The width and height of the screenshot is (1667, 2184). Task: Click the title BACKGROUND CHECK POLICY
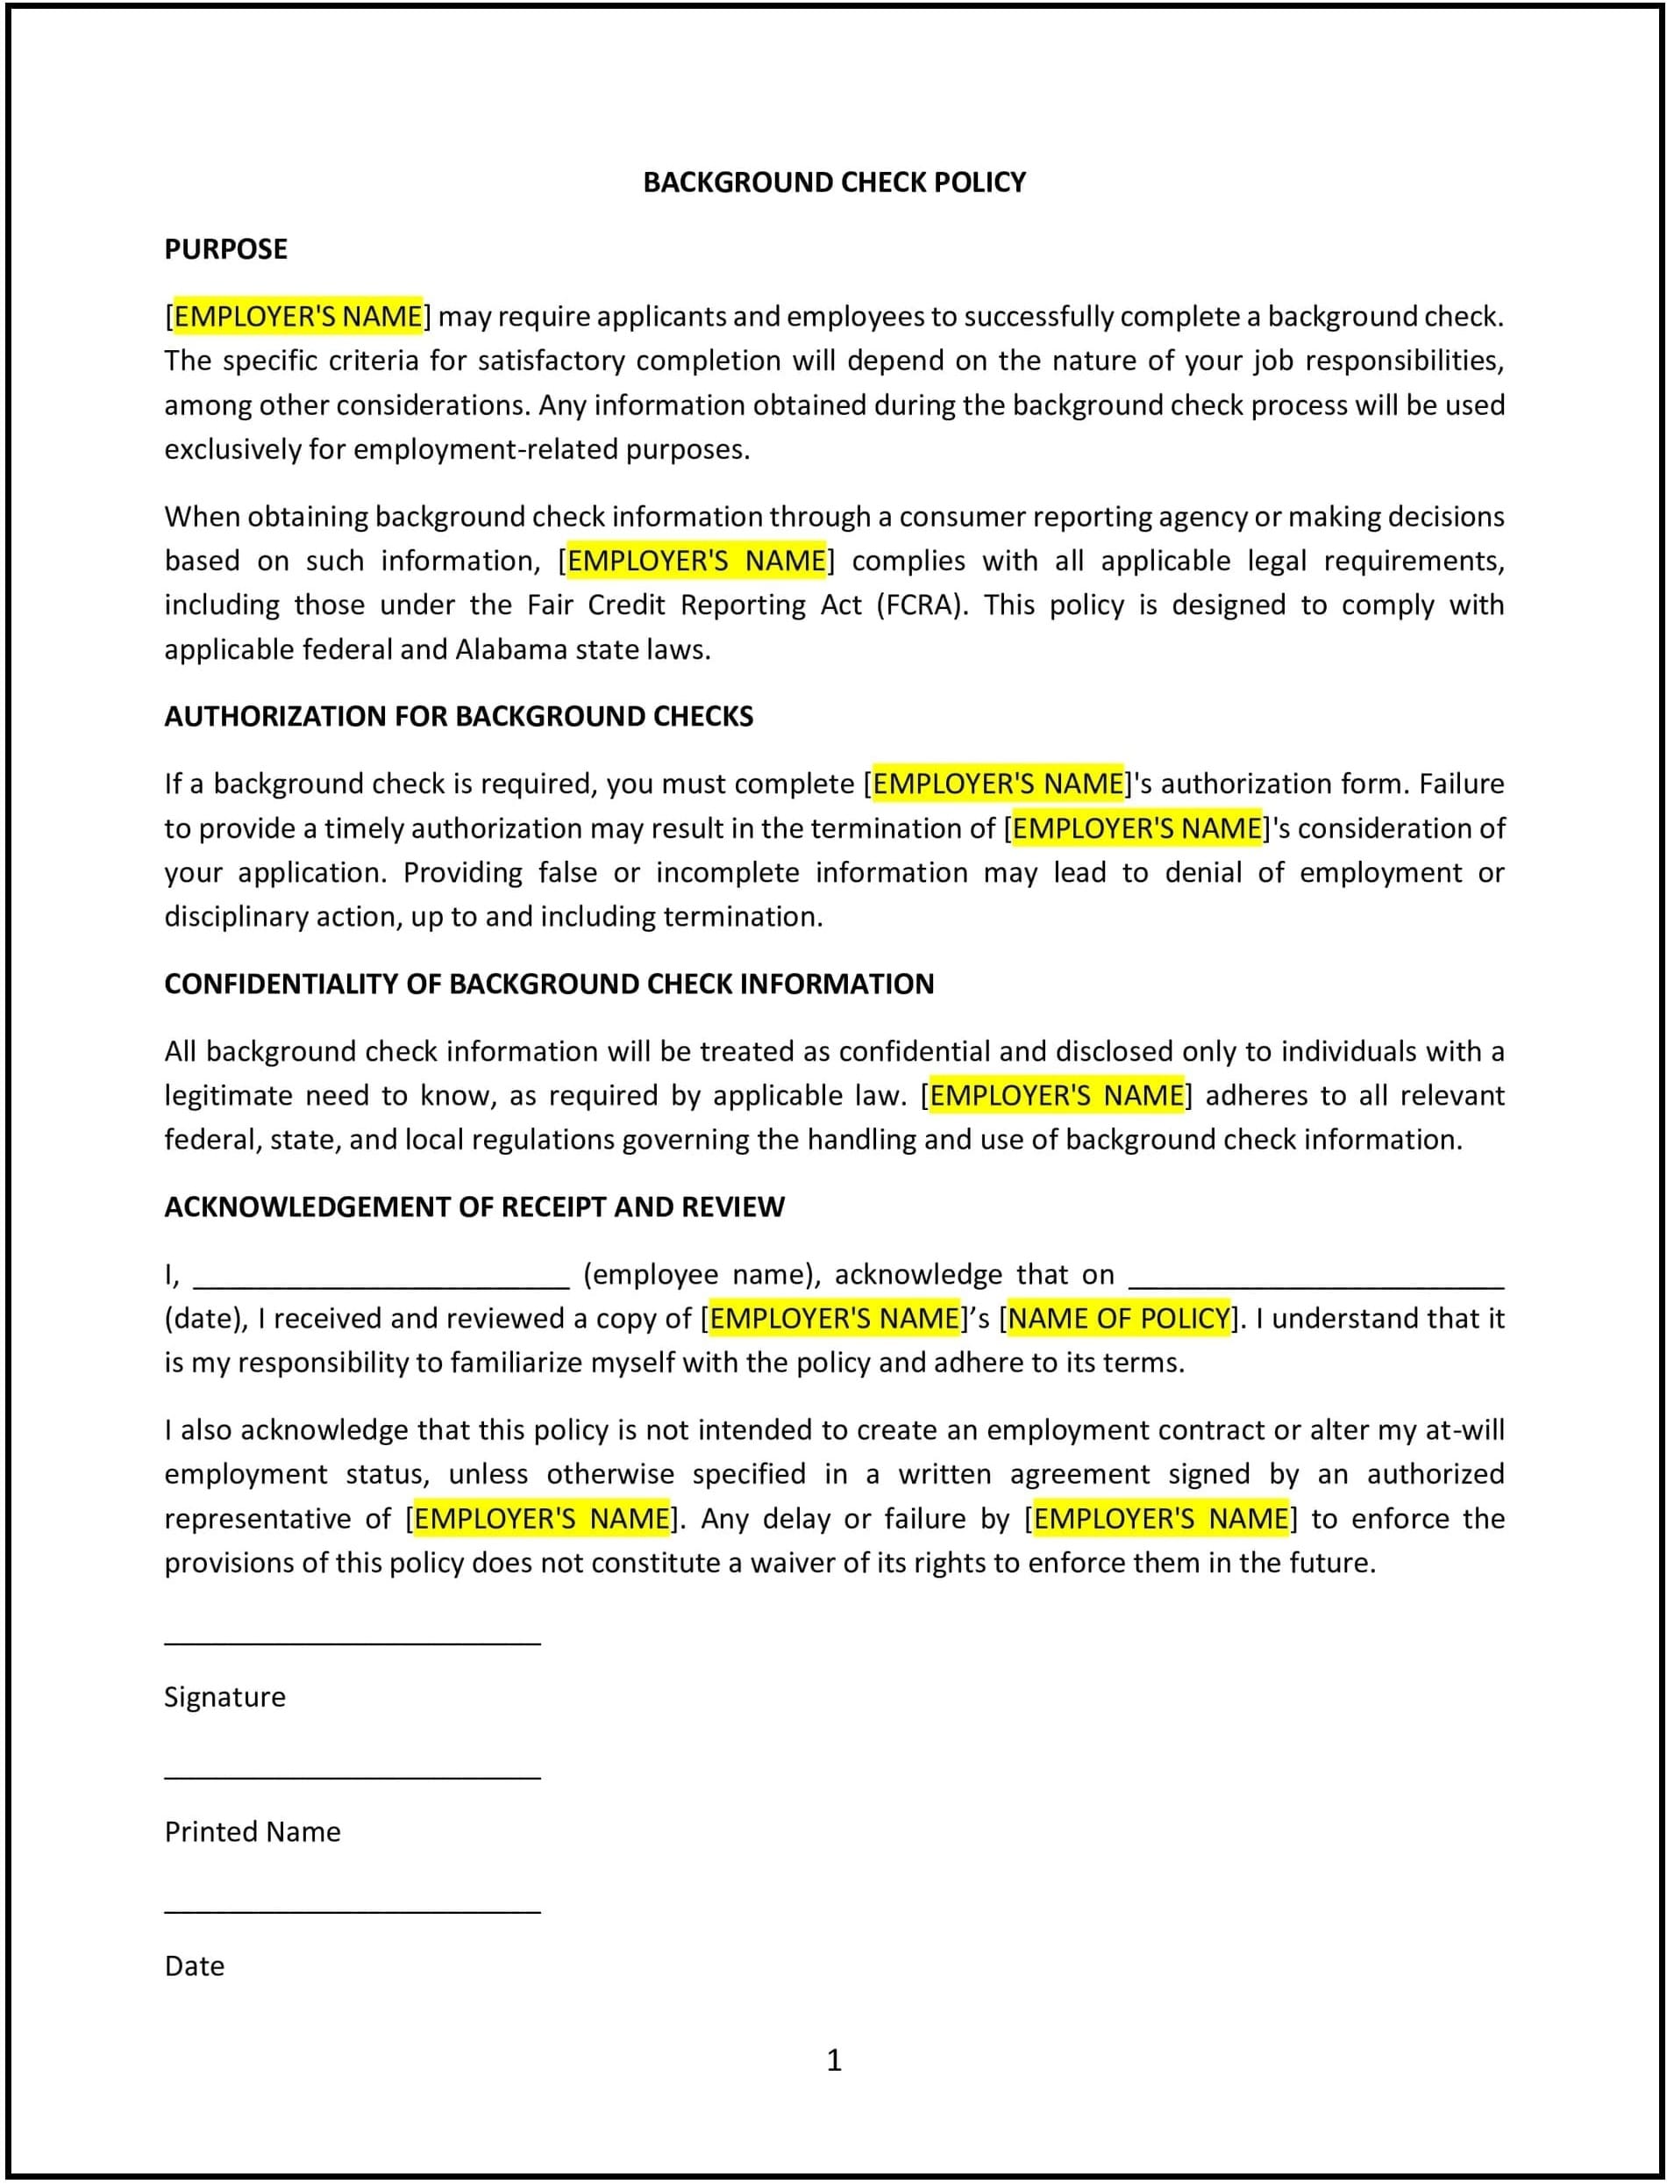click(x=833, y=183)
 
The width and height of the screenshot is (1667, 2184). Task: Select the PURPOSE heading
click(x=225, y=249)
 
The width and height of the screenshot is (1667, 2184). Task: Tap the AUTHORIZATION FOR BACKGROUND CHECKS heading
click(x=459, y=717)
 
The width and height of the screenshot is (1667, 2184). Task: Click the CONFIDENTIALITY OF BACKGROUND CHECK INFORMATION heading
click(x=549, y=984)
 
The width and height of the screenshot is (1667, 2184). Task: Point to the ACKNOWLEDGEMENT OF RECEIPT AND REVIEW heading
click(x=474, y=1207)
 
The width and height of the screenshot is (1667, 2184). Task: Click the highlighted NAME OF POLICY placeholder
click(x=1119, y=1318)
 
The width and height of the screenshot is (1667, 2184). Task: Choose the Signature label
click(x=224, y=1697)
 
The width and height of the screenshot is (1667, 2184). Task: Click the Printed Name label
click(x=252, y=1831)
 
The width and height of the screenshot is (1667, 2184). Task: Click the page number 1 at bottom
click(x=833, y=2061)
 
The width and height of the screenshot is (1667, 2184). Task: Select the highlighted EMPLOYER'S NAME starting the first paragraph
click(x=297, y=317)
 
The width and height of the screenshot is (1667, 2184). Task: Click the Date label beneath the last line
click(x=195, y=1966)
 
